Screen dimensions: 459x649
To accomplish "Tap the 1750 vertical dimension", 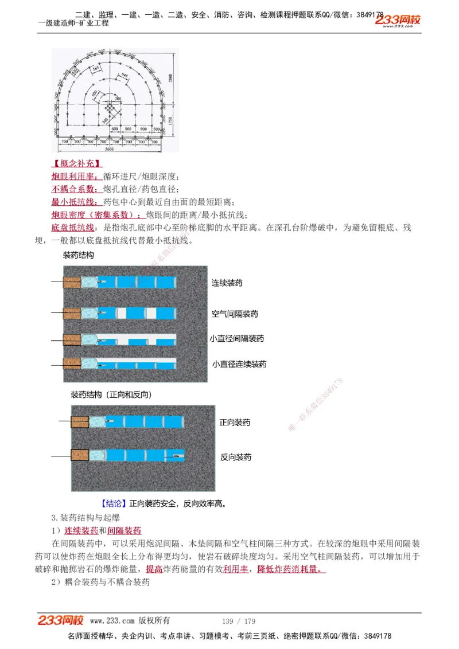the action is [170, 121].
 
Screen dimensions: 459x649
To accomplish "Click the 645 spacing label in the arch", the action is [126, 75].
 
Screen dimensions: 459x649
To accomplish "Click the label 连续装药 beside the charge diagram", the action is [227, 283].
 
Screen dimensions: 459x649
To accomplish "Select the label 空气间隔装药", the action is [235, 314].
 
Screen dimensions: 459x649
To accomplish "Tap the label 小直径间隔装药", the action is [236, 339].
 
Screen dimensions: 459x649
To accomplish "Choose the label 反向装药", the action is [236, 458].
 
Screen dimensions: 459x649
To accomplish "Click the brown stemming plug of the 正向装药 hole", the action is [80, 422].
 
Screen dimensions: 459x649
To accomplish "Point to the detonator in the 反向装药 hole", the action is [174, 456].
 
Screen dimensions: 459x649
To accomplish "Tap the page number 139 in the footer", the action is [228, 621].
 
